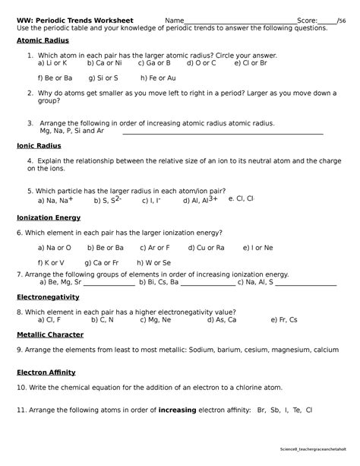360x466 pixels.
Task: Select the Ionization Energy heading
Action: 49,217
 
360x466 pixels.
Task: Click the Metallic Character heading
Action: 49,334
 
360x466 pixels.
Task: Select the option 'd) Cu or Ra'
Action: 205,248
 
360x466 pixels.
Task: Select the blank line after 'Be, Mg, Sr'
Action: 109,283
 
